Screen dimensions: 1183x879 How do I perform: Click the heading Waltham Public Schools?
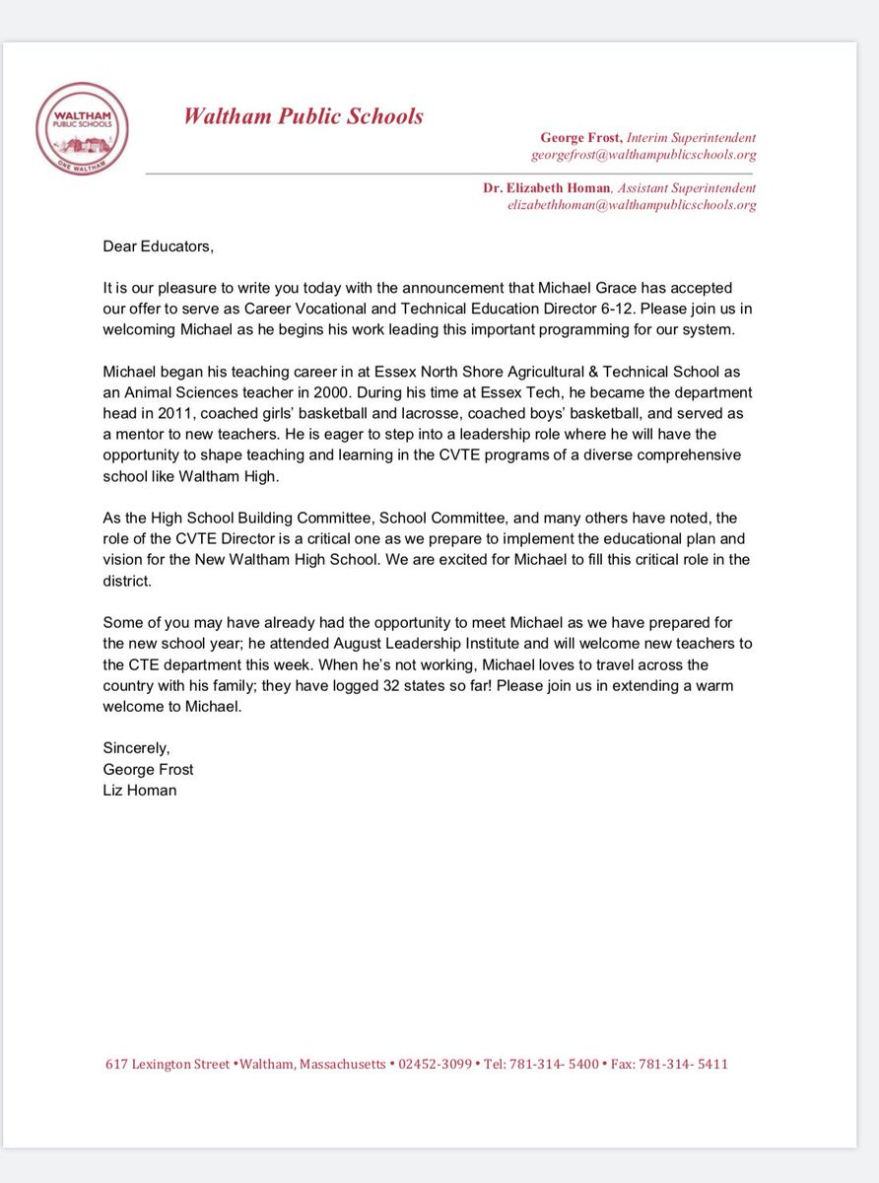304,116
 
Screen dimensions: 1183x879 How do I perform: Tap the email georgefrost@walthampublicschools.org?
643,155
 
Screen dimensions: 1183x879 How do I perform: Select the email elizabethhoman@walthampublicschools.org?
632,205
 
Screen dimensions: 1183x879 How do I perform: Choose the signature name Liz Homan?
140,789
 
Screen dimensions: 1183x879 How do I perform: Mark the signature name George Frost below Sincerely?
148,769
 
